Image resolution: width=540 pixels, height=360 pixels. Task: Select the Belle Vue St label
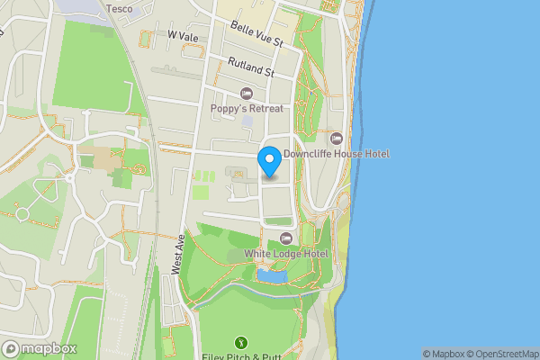256,35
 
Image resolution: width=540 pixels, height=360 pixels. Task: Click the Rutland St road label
251,67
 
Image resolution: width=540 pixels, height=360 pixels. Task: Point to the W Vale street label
182,36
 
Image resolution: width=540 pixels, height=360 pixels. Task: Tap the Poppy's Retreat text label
247,109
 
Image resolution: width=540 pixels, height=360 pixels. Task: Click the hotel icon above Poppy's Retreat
247,94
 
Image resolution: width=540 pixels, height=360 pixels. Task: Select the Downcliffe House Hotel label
336,154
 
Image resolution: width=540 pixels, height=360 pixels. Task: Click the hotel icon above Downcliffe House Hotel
336,138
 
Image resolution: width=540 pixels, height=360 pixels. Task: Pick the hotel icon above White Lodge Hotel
286,238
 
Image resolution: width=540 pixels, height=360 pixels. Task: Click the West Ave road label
177,255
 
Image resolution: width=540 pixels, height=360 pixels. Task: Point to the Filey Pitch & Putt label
241,356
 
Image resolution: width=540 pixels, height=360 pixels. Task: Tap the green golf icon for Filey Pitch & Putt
241,342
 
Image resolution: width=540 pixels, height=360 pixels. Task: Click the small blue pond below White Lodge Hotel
272,276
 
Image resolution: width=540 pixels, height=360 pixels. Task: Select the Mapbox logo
40,348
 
